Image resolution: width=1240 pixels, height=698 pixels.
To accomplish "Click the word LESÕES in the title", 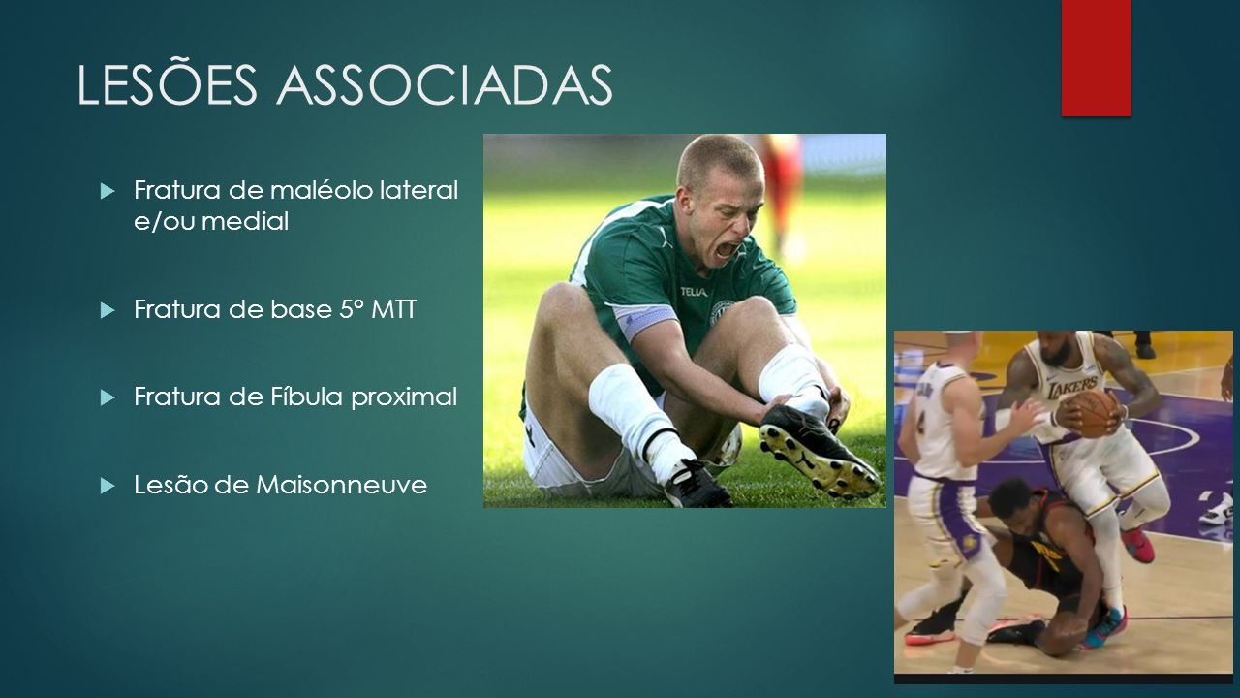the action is [x=168, y=83].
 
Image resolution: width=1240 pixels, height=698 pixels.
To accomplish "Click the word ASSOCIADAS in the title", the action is [x=445, y=84].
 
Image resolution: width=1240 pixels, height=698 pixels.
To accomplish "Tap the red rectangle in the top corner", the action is [x=1096, y=57].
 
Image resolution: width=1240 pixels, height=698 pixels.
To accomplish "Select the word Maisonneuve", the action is [x=341, y=486].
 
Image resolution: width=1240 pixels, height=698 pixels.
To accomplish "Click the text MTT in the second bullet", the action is [x=393, y=309].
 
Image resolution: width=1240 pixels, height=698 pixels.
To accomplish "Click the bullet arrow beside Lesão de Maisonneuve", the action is [x=108, y=487].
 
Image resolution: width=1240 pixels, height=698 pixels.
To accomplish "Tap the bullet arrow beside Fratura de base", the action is [x=108, y=310].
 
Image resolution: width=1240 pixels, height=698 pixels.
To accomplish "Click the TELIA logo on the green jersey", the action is [x=694, y=292].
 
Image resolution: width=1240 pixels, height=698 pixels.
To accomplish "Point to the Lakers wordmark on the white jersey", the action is [x=1072, y=386].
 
